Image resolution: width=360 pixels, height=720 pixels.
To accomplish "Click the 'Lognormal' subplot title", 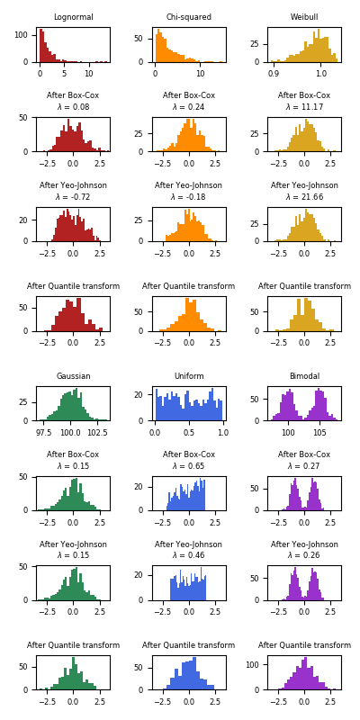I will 73,17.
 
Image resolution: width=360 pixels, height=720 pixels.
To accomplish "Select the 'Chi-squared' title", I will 189,17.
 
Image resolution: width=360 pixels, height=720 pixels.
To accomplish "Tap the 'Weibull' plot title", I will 304,17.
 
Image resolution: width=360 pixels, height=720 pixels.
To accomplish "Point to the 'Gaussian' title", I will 73,376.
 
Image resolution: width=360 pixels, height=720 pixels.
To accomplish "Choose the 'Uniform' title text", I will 189,376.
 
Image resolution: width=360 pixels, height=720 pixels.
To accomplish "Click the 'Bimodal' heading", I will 304,376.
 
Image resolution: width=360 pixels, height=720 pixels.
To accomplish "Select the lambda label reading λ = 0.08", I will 73,107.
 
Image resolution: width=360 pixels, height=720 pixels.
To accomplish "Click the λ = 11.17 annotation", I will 304,107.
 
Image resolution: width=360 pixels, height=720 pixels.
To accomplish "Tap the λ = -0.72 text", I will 73,197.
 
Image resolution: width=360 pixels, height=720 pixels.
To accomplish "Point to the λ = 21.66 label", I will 304,197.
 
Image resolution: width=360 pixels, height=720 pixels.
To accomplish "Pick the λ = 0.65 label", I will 189,466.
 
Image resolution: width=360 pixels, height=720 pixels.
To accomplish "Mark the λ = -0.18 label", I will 189,197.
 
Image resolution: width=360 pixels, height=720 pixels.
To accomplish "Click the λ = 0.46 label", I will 189,556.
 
